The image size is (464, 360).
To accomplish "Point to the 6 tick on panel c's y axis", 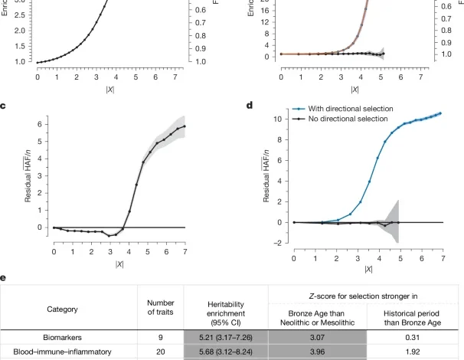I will [38, 125].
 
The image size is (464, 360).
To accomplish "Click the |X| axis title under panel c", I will [119, 263].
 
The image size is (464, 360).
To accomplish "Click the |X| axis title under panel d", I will [369, 269].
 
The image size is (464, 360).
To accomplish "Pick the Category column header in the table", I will [67, 309].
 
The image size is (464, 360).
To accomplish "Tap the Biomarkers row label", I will [67, 336].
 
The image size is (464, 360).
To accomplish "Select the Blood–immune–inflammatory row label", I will [67, 352].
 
